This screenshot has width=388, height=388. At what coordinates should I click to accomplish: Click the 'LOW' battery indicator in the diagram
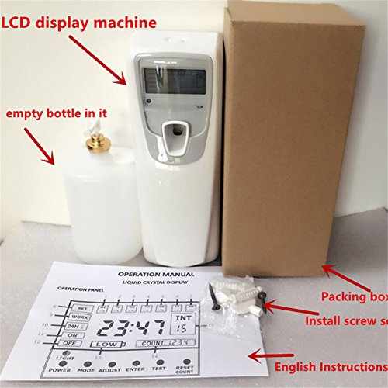106,344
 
